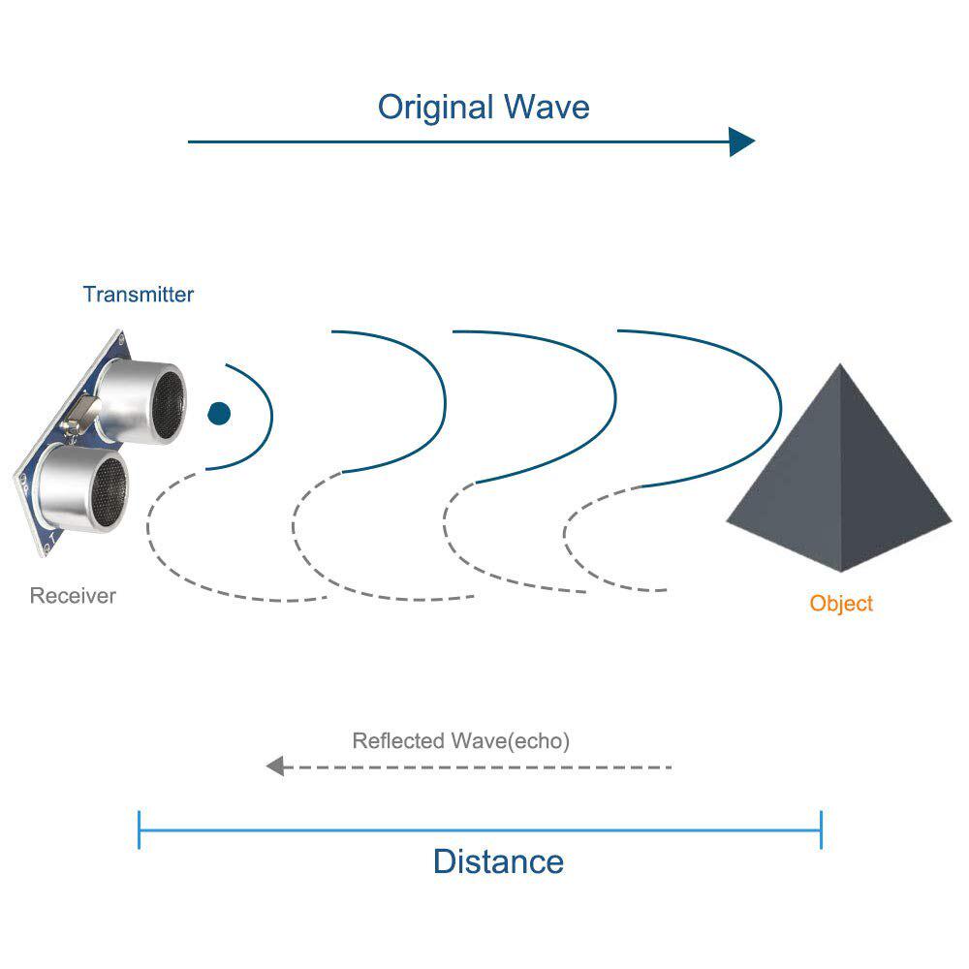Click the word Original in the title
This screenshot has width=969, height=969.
[x=436, y=108]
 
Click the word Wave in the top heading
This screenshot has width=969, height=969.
[x=547, y=107]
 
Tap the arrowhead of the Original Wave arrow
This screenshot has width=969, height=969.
[x=741, y=141]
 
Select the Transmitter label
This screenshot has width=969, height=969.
[x=139, y=295]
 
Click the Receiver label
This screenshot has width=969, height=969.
[x=73, y=596]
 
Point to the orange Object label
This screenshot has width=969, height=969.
[x=841, y=603]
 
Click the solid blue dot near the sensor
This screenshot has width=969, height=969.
[x=219, y=414]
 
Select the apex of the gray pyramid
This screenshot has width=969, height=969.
[x=840, y=364]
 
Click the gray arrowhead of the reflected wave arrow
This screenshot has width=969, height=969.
[x=275, y=766]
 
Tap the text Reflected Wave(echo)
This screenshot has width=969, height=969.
[x=461, y=740]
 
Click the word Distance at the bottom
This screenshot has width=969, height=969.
[x=499, y=861]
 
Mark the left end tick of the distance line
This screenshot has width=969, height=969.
[x=139, y=830]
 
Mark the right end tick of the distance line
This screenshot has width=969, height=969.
[x=822, y=830]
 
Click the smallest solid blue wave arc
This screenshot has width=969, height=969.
[x=272, y=414]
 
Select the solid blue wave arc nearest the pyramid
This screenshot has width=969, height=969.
[x=780, y=405]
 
